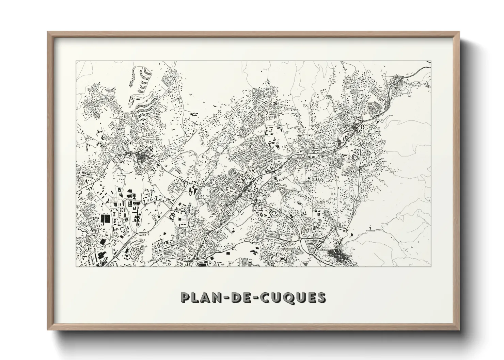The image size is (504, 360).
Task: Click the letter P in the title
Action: point(186,297)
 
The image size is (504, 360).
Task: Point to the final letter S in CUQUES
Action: point(321,297)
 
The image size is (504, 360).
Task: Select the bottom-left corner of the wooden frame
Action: point(48,329)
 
